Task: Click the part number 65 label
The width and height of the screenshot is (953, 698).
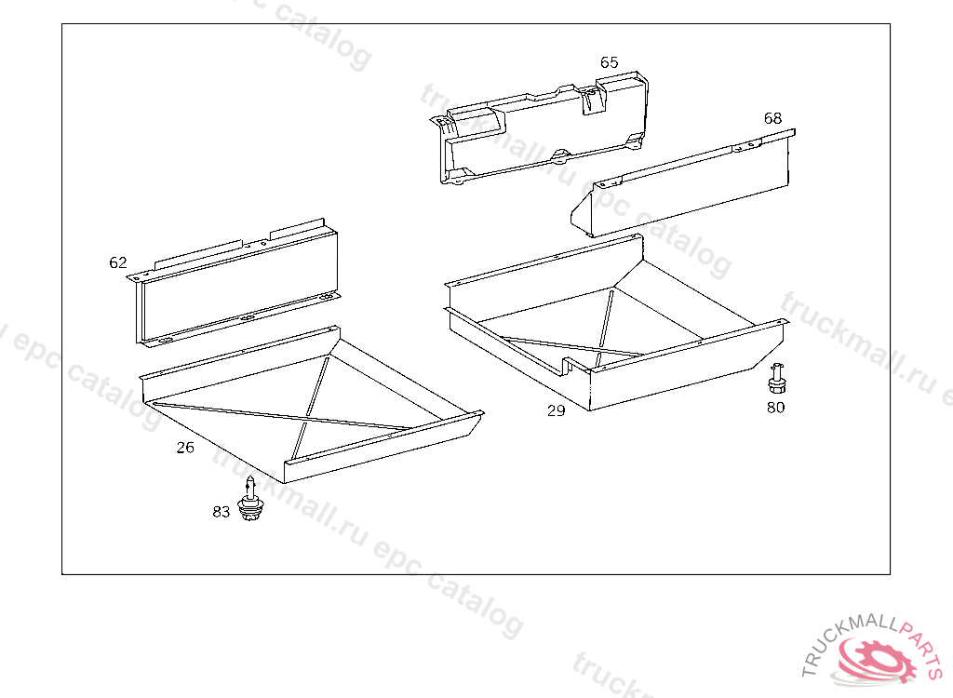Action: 609,62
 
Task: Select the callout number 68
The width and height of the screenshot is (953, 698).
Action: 772,118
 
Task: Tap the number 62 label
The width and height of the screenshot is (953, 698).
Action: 118,262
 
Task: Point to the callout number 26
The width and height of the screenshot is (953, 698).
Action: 185,448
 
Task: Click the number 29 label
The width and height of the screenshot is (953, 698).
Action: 557,411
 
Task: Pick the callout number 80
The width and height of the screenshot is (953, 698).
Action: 775,408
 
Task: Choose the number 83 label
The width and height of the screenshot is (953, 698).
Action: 221,512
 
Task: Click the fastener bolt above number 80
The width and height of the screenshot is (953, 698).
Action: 776,379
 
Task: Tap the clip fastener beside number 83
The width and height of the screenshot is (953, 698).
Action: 250,500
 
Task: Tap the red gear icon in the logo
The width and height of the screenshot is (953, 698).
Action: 878,659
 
